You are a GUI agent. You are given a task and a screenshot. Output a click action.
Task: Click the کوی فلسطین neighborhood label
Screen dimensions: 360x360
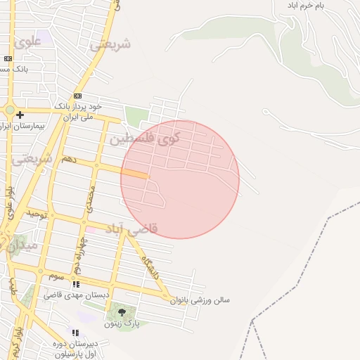145,139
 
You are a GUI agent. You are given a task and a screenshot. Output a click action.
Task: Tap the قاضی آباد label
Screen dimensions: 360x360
131,229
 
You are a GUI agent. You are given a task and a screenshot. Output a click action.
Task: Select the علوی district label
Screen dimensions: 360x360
28,41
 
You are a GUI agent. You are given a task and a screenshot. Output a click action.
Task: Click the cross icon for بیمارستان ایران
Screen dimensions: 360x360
20,115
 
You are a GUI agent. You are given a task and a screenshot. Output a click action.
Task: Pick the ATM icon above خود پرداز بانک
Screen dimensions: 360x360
77,96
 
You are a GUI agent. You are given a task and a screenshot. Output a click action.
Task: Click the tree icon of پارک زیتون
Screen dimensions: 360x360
122,311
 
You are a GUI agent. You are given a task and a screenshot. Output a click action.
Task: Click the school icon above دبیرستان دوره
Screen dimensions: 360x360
75,333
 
